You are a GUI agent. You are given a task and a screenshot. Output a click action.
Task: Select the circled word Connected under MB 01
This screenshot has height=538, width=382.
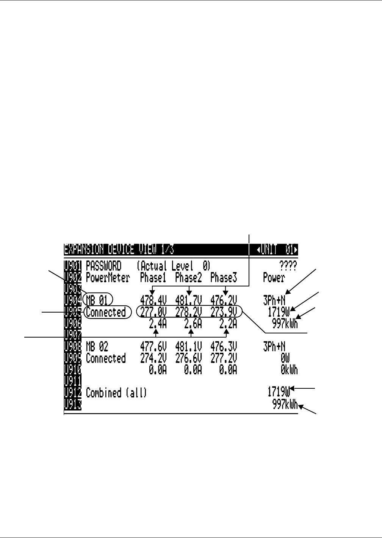tap(106, 312)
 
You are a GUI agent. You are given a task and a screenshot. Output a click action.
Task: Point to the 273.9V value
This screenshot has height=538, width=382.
tap(224, 312)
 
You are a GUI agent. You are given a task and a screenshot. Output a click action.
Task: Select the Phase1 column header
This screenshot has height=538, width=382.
tap(153, 278)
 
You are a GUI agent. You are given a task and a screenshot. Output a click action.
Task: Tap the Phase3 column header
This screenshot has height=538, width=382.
tap(224, 278)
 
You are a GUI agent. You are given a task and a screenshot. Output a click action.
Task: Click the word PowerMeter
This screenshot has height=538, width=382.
tap(108, 278)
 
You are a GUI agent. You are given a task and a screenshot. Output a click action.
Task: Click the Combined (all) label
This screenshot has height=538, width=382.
tap(116, 393)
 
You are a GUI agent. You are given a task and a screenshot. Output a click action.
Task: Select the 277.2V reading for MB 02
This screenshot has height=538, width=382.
tap(224, 358)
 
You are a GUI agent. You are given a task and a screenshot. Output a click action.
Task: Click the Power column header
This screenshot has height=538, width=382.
tap(274, 278)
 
